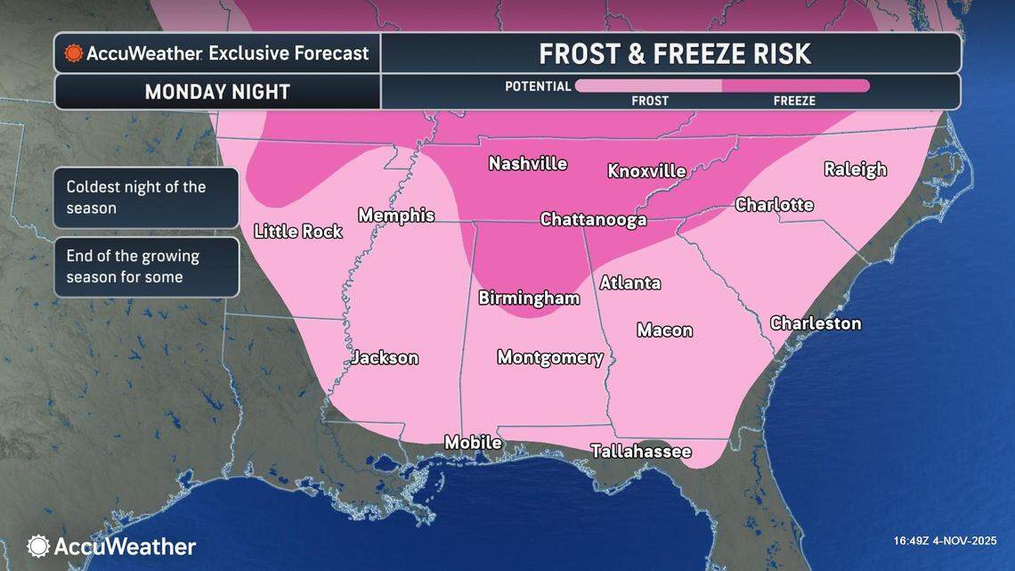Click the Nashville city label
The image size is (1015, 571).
tap(528, 164)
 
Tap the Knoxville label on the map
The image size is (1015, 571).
tap(646, 171)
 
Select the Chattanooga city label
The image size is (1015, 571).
tap(593, 220)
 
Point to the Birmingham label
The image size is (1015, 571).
tap(529, 298)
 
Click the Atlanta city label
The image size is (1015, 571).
tap(629, 283)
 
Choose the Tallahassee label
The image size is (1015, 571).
tap(641, 452)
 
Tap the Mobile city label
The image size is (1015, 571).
tap(473, 443)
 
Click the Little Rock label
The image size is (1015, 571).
tap(298, 232)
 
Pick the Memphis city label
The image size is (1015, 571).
tap(396, 216)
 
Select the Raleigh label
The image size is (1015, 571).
tap(855, 169)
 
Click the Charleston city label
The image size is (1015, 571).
tap(816, 323)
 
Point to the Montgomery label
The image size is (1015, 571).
tap(550, 358)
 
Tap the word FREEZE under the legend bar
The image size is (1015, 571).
tap(794, 101)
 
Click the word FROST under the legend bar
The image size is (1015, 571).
tap(650, 101)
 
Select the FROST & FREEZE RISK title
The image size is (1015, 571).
tap(674, 53)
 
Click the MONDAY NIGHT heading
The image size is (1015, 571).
tap(217, 92)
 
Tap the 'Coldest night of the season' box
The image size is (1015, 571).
tap(146, 198)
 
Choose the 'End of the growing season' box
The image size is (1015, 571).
tap(146, 266)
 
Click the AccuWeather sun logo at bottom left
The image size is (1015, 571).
tap(38, 546)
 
